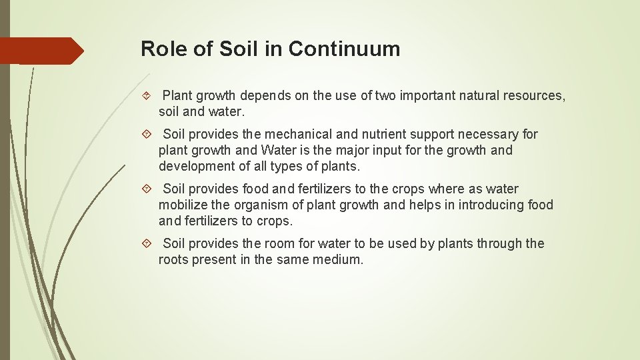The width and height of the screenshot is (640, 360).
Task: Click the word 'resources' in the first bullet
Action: click(534, 96)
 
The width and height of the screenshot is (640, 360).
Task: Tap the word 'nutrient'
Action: click(399, 135)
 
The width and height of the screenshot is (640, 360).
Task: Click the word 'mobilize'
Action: click(183, 205)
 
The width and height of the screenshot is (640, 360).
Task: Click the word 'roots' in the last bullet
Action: click(173, 260)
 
